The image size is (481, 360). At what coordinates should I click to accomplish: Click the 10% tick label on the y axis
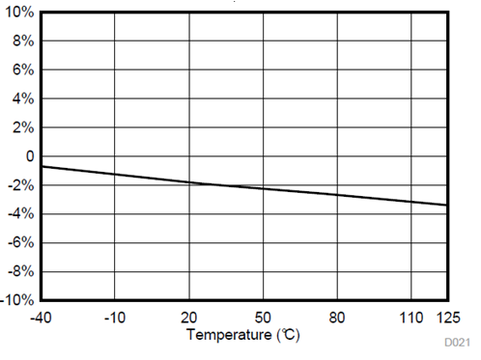[21, 14]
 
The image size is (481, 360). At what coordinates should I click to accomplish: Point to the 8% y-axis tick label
[24, 42]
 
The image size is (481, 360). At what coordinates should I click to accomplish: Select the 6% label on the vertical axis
[24, 70]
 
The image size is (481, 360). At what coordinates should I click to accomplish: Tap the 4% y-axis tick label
[24, 98]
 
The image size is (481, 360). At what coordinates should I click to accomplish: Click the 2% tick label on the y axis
[24, 127]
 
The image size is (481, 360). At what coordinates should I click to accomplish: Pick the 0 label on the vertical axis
[31, 156]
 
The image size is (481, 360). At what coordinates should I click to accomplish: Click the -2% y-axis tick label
[22, 185]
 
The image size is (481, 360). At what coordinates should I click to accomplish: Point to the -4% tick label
[22, 213]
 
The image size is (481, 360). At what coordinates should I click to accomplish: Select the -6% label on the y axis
[22, 242]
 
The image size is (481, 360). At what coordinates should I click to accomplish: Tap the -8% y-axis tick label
[22, 271]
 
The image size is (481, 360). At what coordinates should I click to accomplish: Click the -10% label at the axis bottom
[19, 300]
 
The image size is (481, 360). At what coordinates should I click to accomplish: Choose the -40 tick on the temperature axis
[41, 317]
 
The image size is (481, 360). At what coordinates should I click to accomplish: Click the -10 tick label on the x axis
[115, 317]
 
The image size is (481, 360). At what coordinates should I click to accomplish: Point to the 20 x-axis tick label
[189, 317]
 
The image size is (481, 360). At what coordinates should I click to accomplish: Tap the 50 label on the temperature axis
[264, 317]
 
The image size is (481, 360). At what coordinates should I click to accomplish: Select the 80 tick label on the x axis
[338, 317]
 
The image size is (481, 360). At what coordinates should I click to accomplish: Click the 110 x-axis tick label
[411, 317]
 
